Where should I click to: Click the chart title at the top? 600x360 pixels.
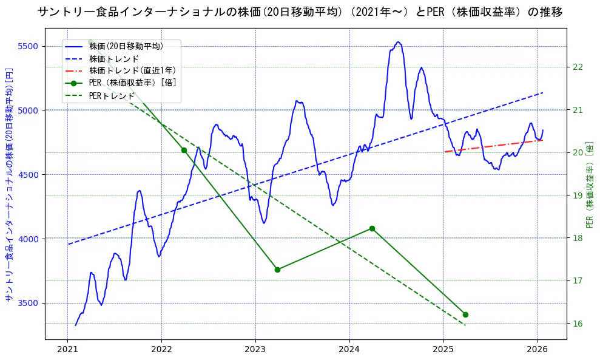pos(300,12)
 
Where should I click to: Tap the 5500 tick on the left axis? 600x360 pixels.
pos(28,46)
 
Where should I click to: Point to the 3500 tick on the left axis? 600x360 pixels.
pos(28,303)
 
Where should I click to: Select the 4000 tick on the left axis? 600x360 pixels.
pos(28,239)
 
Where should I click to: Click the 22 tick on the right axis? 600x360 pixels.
pos(578,67)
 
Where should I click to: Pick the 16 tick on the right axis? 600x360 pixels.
pos(578,323)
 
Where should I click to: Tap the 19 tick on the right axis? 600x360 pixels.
pos(578,195)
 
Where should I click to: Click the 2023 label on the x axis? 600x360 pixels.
pos(255,350)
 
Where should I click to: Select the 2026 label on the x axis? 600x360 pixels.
pos(538,350)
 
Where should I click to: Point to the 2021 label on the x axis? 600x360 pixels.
pos(67,350)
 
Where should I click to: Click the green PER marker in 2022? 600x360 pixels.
pos(184,150)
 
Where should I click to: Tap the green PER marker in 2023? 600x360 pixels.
pos(277,270)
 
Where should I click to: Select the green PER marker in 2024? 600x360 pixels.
pos(372,228)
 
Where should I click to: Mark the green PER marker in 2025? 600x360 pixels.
pos(465,314)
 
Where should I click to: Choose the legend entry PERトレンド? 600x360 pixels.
pos(112,95)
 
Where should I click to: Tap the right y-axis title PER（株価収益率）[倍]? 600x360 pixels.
pos(590,185)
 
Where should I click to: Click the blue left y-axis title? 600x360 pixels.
pos(9,185)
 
